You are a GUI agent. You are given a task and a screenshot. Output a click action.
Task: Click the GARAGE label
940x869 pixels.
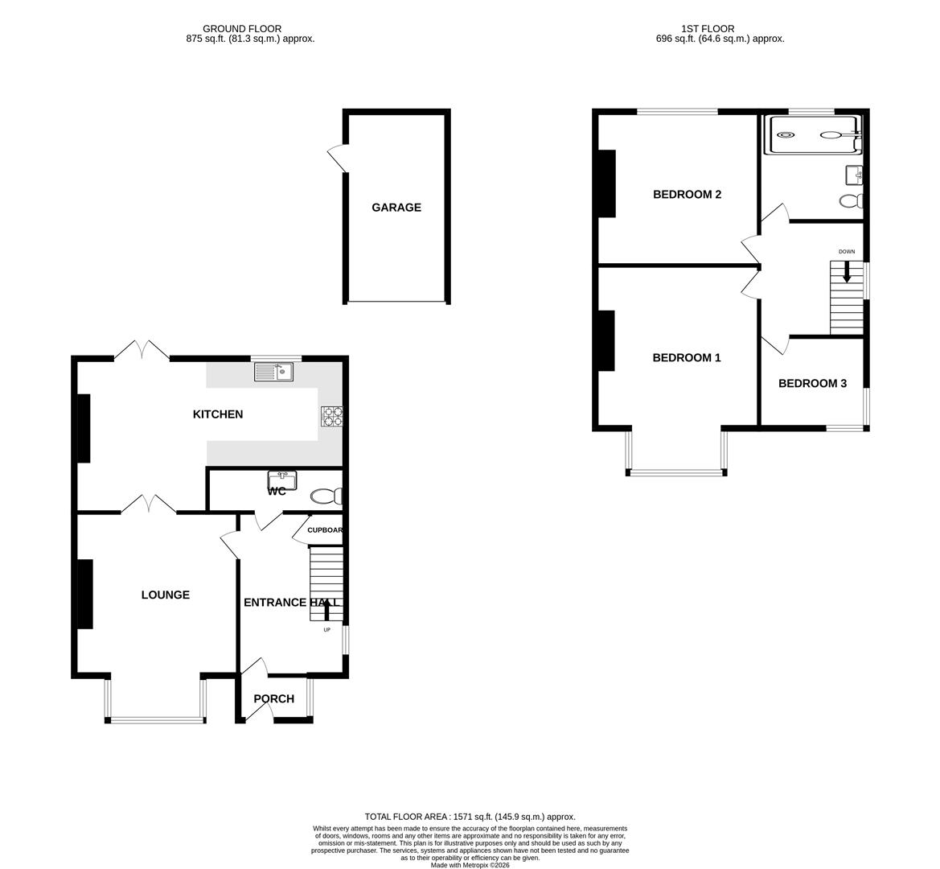pyautogui.click(x=396, y=208)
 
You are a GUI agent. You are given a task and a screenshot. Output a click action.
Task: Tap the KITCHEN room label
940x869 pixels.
pyautogui.click(x=217, y=414)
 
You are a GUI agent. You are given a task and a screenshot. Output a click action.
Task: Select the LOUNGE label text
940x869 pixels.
pyautogui.click(x=165, y=595)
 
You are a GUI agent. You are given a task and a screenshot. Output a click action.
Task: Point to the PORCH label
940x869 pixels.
pyautogui.click(x=273, y=699)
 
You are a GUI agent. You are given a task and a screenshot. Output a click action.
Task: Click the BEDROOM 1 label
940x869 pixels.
pyautogui.click(x=686, y=358)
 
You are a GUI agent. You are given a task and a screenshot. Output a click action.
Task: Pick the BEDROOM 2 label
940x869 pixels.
pyautogui.click(x=686, y=195)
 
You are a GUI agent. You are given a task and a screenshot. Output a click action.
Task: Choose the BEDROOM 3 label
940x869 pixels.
pyautogui.click(x=812, y=384)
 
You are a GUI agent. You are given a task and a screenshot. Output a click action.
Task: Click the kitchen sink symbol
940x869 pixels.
pyautogui.click(x=273, y=372)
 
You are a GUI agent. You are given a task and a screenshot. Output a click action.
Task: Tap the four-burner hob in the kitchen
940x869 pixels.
pyautogui.click(x=331, y=416)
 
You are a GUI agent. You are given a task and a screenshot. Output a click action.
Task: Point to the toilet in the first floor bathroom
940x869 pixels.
pyautogui.click(x=850, y=200)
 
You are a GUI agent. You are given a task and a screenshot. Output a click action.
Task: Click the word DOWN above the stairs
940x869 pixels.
pyautogui.click(x=847, y=252)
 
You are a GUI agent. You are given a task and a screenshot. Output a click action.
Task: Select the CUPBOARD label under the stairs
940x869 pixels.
pyautogui.click(x=325, y=530)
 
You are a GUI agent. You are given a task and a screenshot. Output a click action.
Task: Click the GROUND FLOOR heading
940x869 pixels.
pyautogui.click(x=242, y=29)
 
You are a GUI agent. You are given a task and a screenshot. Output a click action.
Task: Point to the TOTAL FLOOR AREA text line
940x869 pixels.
pyautogui.click(x=470, y=817)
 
